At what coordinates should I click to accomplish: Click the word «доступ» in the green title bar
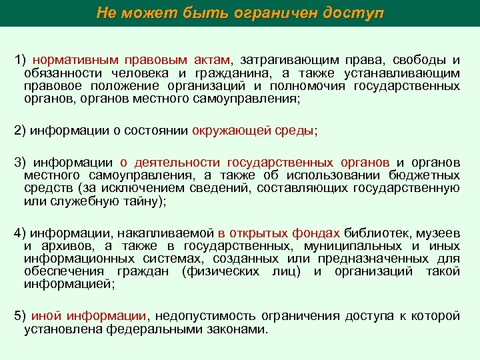[353, 13]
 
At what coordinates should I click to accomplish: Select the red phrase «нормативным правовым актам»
[131, 61]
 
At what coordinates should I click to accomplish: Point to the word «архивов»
[62, 246]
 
